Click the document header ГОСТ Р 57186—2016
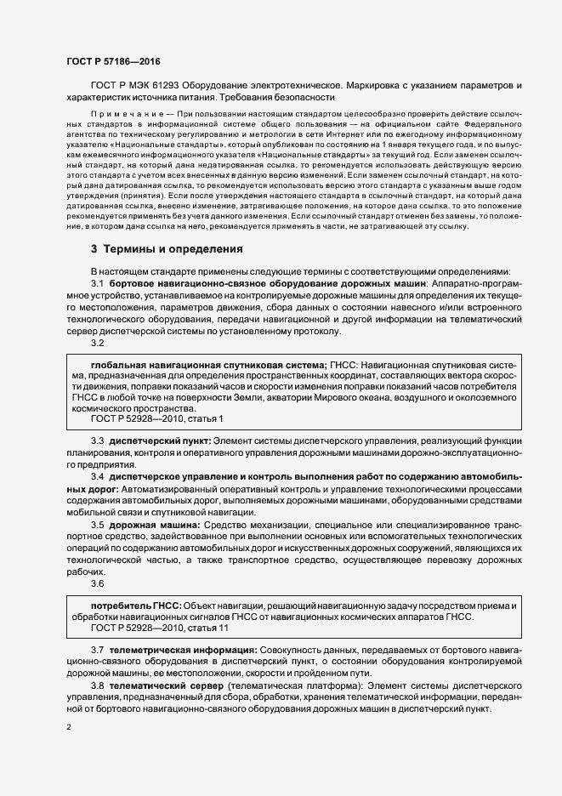pos(113,61)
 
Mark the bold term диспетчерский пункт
pos(158,441)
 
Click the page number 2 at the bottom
pos(68,727)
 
